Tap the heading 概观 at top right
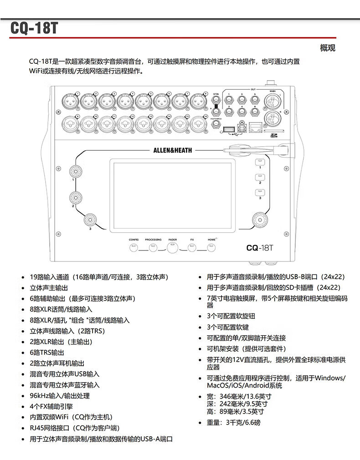(327, 48)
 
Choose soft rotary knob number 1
(75, 171)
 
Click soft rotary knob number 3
(90, 220)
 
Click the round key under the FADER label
(172, 248)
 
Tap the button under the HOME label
(211, 248)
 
